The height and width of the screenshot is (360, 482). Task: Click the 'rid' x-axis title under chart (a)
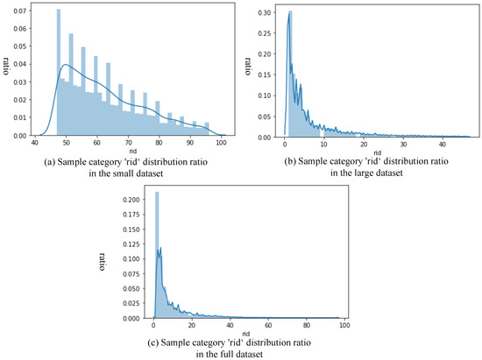[x=130, y=152]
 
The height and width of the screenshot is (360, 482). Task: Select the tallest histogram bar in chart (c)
[x=158, y=255]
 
